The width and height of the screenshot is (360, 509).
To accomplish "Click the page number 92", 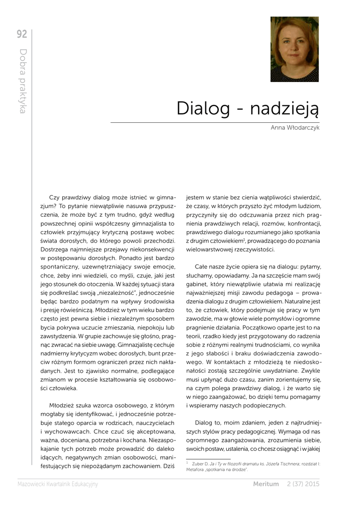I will coord(22,34).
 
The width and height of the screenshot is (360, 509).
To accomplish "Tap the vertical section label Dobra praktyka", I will coord(22,81).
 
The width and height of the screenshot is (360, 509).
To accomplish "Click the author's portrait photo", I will coord(294,49).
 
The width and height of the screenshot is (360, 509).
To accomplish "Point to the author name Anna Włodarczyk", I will coord(295,128).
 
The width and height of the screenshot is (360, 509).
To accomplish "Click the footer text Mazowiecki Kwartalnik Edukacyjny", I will coord(58,484).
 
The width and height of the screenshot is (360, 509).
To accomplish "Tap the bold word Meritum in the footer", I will coord(266,484).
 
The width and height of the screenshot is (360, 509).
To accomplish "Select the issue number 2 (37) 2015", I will coord(303,484).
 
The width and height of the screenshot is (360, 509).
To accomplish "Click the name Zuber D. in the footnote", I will coord(195,463).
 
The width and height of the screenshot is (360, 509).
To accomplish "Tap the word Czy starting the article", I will coord(55,197).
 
